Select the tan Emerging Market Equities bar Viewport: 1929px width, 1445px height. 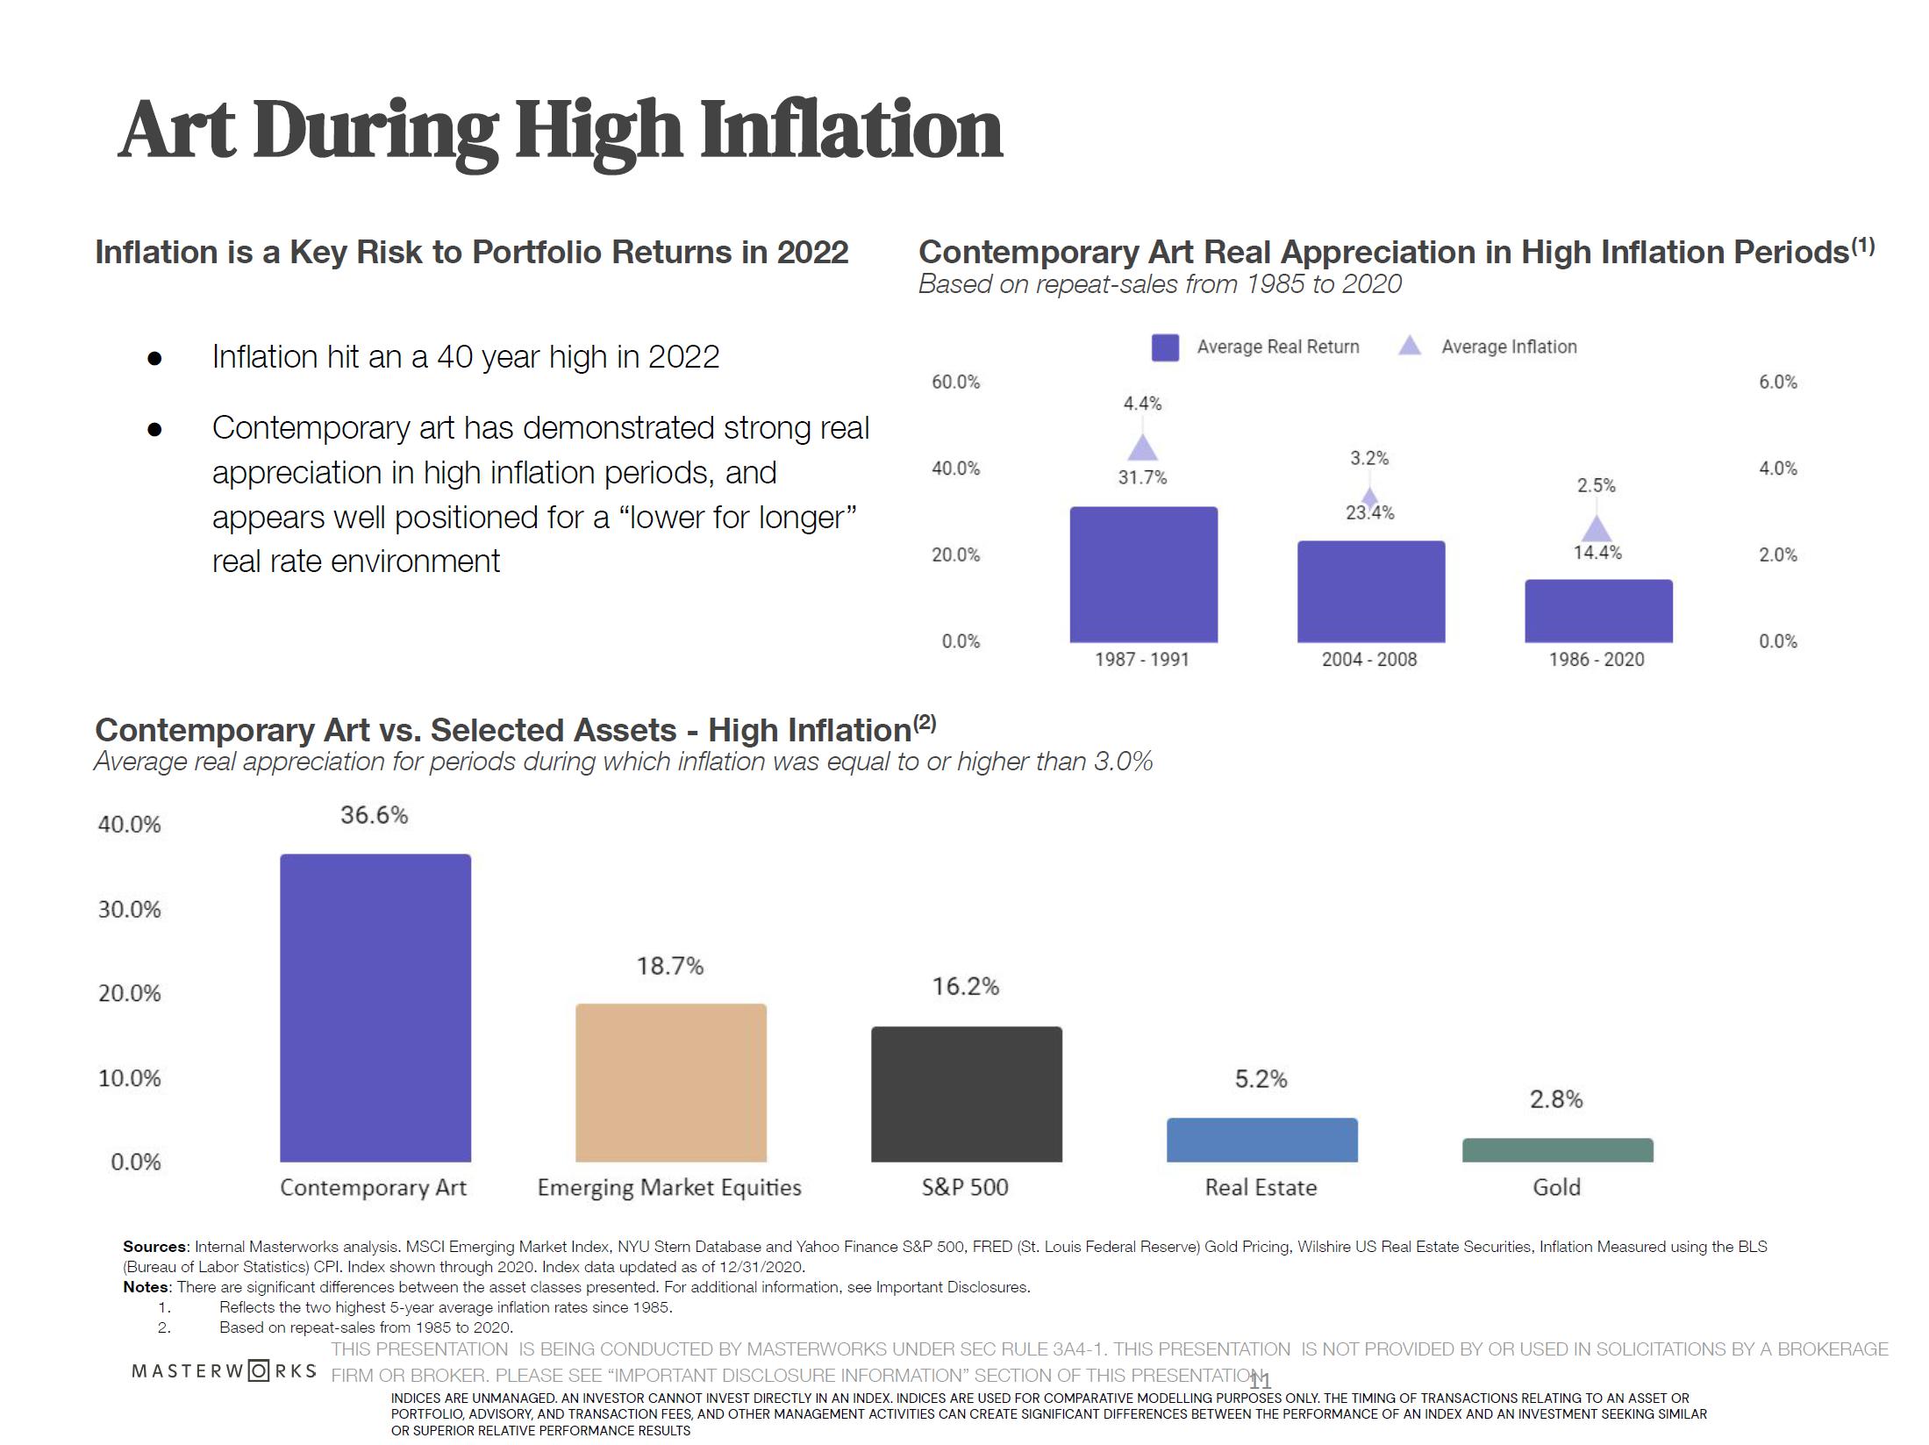(x=671, y=1083)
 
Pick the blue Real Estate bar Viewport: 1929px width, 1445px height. (x=1261, y=1140)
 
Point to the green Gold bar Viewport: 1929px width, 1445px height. (x=1557, y=1150)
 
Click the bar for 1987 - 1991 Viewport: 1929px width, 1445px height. (x=1143, y=575)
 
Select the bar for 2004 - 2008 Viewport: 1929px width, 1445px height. (x=1370, y=591)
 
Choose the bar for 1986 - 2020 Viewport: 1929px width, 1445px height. (x=1597, y=611)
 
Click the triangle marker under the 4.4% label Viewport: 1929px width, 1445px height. (x=1142, y=449)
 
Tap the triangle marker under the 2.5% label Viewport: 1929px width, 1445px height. (x=1597, y=530)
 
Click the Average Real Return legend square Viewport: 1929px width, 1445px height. (x=1165, y=347)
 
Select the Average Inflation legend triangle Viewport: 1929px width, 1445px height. (x=1409, y=346)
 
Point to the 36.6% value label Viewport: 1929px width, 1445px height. (x=375, y=815)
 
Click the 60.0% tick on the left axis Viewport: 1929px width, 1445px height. (x=955, y=382)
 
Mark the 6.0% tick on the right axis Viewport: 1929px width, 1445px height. (x=1777, y=382)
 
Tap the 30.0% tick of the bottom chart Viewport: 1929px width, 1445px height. (x=129, y=909)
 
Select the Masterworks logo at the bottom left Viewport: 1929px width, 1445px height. (x=224, y=1370)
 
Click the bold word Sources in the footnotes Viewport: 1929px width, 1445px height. (x=154, y=1247)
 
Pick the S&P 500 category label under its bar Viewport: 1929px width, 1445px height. (x=965, y=1187)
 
